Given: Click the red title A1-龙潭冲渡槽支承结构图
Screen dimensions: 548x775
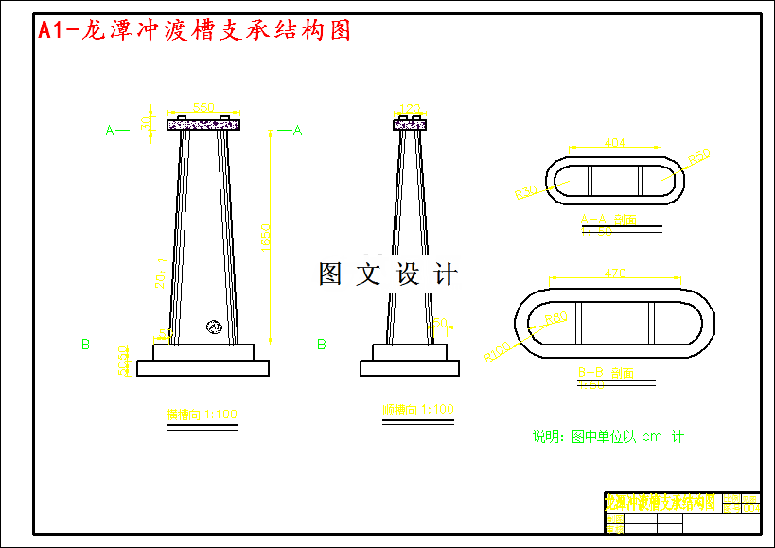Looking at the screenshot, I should point(194,30).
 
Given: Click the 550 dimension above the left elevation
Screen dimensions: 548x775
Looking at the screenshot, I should point(203,107).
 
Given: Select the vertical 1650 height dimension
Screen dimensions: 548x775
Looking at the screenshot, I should point(266,236).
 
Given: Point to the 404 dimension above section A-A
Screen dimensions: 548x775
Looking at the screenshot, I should point(614,143).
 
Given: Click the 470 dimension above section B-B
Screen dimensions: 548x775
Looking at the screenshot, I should point(614,274).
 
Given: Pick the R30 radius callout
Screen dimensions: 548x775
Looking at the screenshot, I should point(526,192).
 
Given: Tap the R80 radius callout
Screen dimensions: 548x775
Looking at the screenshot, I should point(555,318).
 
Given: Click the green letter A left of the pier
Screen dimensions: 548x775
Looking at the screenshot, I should point(110,131).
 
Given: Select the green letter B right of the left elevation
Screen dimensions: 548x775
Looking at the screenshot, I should point(321,344).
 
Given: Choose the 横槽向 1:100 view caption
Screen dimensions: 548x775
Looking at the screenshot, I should point(202,414).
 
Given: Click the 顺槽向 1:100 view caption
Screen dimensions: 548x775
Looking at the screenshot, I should point(418,410).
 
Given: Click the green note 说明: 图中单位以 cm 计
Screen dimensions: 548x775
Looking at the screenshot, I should point(608,436).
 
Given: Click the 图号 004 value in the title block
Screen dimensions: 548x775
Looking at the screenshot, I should point(750,508).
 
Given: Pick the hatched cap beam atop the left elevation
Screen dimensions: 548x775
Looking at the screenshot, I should point(203,124).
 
